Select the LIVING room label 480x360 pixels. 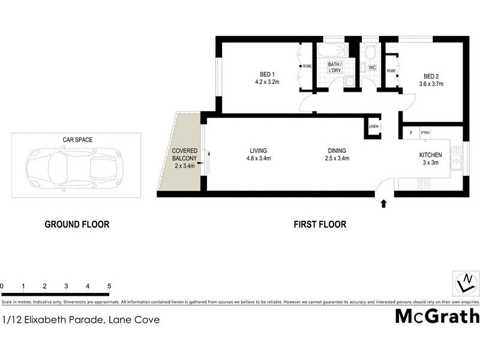point(259,151)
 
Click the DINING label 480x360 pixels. point(336,151)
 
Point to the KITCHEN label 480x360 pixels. point(430,155)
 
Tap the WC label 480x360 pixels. point(372,67)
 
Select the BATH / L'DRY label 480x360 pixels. point(335,68)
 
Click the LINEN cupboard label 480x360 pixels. point(373,127)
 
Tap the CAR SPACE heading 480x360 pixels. point(77,140)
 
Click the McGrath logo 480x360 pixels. point(437,316)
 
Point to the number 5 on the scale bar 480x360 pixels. point(109,286)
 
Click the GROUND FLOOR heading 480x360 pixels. point(77,225)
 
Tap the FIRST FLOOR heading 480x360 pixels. point(320,225)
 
